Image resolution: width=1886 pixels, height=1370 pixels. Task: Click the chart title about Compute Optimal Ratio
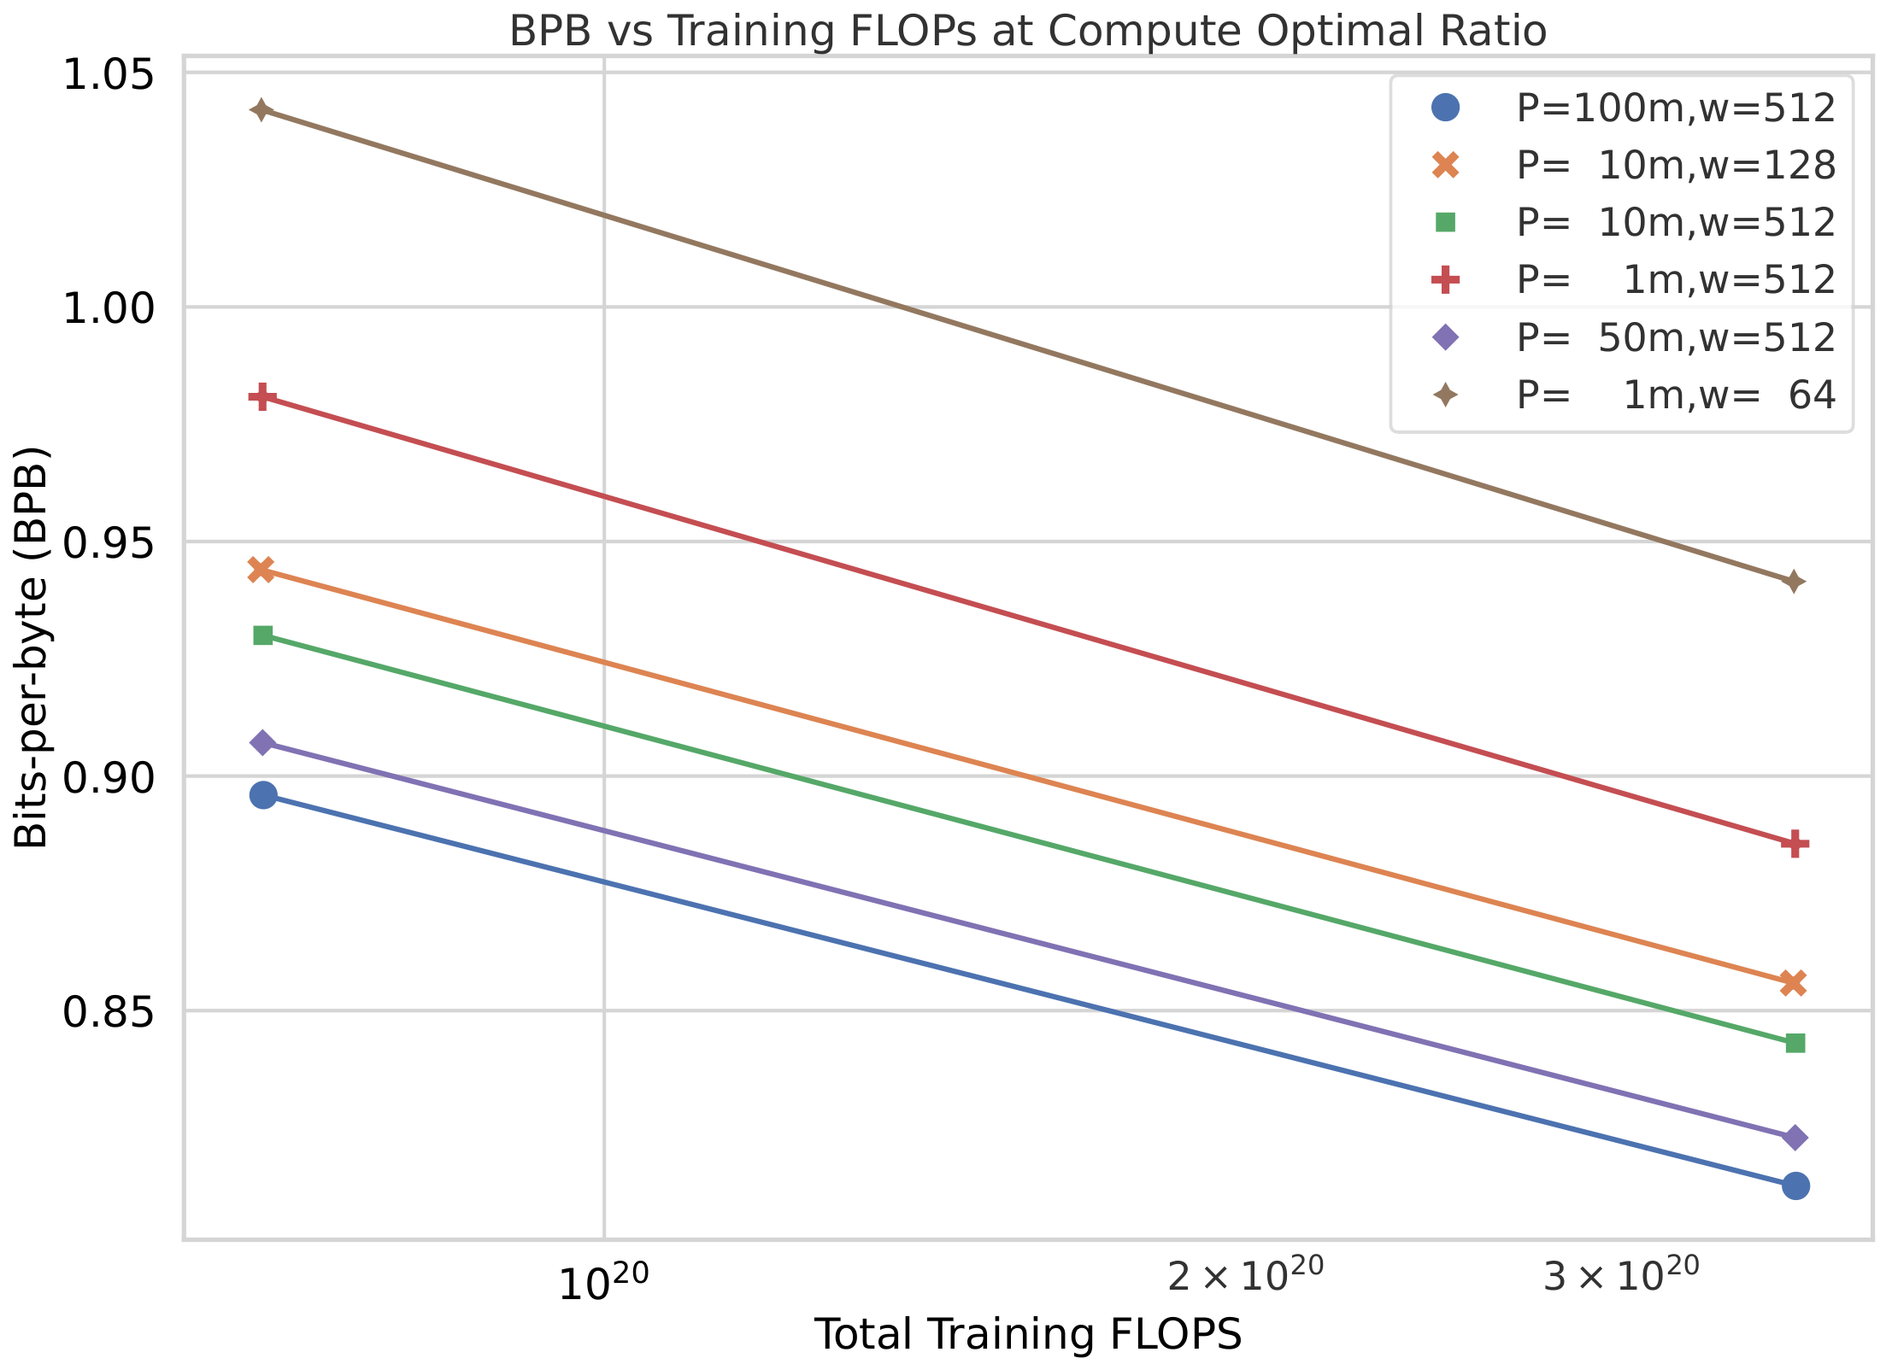[x=1027, y=32]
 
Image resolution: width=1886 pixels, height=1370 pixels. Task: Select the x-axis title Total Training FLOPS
[x=1027, y=1334]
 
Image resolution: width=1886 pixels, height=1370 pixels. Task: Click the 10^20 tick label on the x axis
[x=603, y=1281]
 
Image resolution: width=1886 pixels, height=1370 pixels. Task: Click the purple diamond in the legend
[x=1445, y=337]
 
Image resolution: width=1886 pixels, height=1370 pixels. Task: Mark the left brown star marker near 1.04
[x=262, y=110]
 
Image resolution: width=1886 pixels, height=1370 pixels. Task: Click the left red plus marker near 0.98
[x=262, y=397]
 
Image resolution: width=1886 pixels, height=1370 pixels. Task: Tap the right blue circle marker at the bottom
[x=1795, y=1186]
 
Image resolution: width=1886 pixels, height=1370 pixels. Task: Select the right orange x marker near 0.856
[x=1794, y=982]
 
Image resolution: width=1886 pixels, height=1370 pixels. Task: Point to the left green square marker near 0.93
[x=263, y=635]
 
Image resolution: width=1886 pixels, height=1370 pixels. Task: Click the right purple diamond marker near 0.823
[x=1795, y=1138]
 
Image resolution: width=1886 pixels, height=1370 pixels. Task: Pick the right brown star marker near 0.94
[x=1795, y=583]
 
